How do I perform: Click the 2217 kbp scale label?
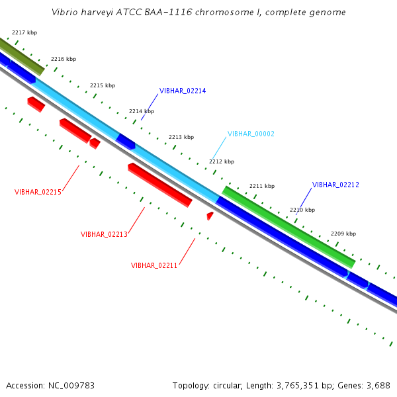click(24, 32)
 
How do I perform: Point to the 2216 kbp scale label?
click(64, 59)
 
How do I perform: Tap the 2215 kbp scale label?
click(103, 85)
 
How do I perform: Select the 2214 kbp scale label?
click(142, 111)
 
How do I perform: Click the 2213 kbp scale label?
click(181, 137)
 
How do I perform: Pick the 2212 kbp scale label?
click(222, 161)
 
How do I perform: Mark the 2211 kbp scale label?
click(262, 186)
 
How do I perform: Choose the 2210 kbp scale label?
click(302, 210)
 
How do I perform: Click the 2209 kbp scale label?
click(343, 234)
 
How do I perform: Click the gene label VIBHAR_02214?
click(183, 91)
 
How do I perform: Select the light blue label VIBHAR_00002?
click(251, 134)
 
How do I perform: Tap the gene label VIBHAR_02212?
click(335, 185)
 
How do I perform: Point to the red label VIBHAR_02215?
click(38, 192)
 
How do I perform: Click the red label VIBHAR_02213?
click(104, 234)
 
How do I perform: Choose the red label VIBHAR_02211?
click(154, 265)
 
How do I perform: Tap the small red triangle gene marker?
click(210, 216)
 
